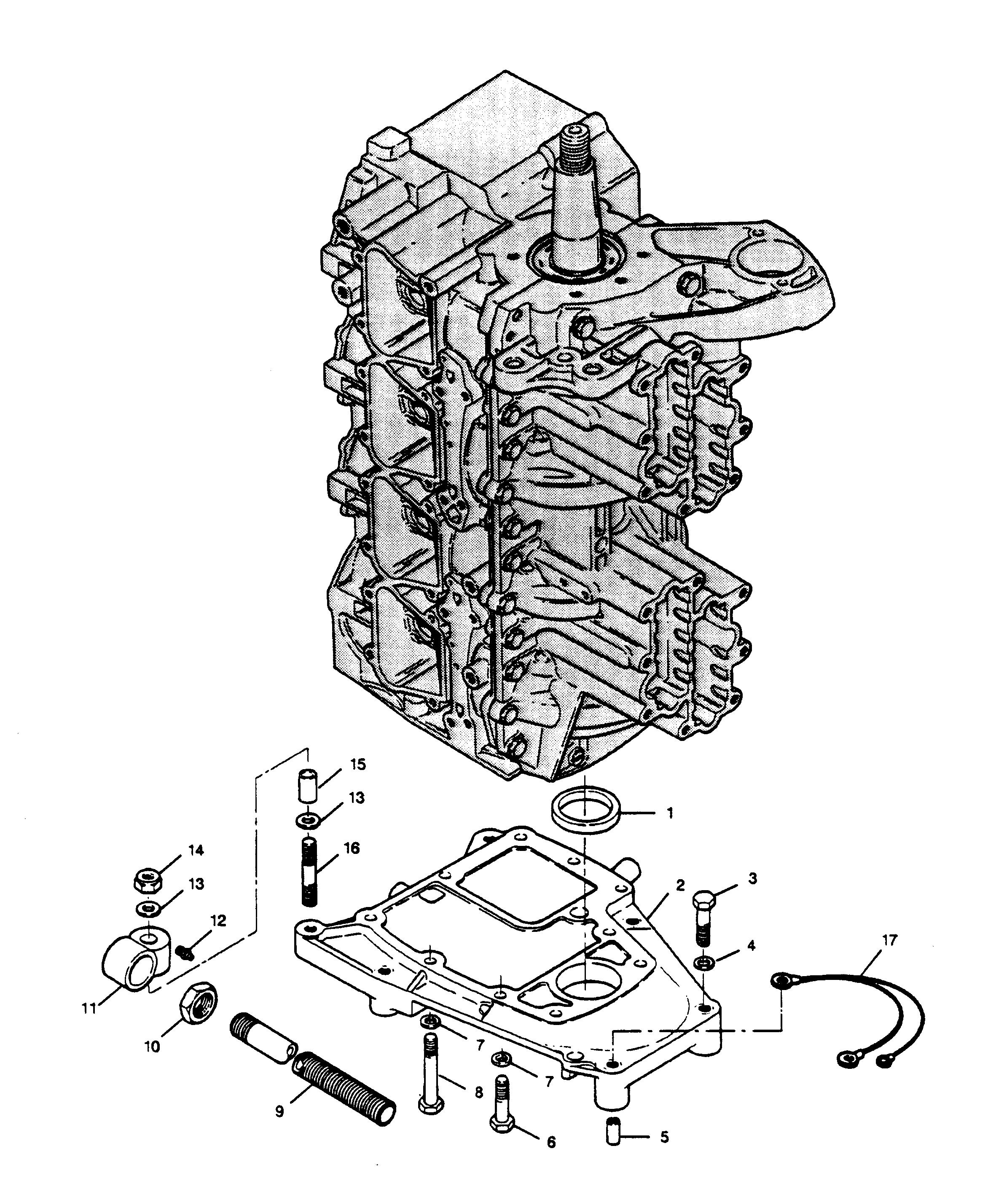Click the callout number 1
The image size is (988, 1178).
(x=669, y=813)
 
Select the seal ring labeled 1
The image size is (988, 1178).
(x=587, y=811)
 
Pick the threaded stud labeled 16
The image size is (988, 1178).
(x=309, y=880)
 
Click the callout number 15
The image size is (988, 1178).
(x=358, y=764)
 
